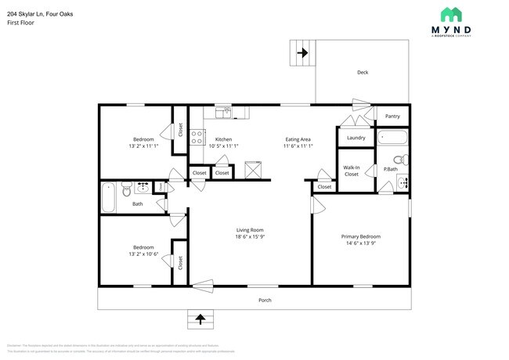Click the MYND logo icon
pos(451,15)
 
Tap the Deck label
pos(363,73)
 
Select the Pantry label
pos(392,117)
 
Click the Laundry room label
pos(356,139)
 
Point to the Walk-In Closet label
pos(351,171)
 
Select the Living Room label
pos(250,230)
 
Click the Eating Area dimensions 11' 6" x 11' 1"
pos(298,146)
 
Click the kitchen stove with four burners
pos(197,139)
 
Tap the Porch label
pos(265,300)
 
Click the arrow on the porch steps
pos(200,319)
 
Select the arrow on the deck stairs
pos(301,54)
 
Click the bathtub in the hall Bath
pos(109,197)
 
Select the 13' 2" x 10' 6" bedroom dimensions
pos(143,254)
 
